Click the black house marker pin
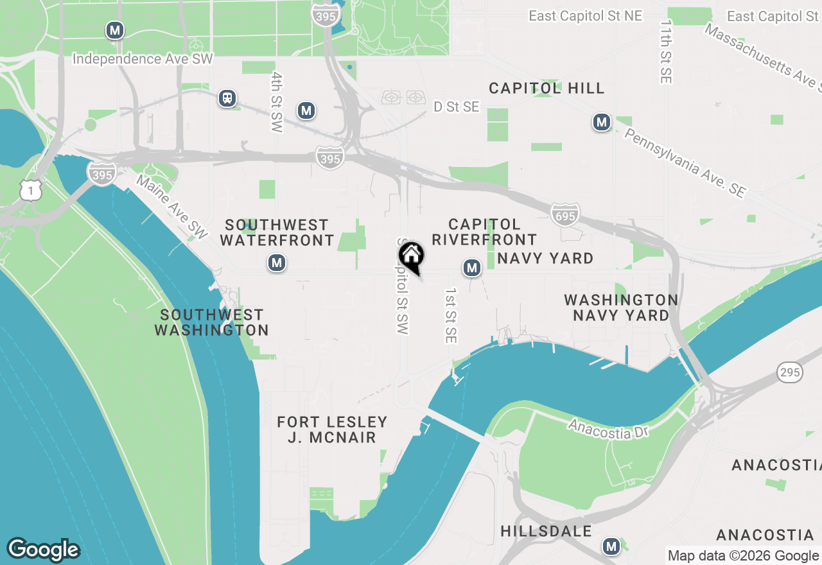pyautogui.click(x=412, y=256)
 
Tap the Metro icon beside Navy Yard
pyautogui.click(x=472, y=268)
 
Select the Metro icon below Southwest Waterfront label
pyautogui.click(x=277, y=263)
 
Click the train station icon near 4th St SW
pyautogui.click(x=227, y=98)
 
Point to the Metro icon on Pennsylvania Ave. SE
pyautogui.click(x=601, y=122)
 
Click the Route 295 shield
pyautogui.click(x=789, y=371)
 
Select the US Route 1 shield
pyautogui.click(x=30, y=190)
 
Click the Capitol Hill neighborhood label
pyautogui.click(x=547, y=88)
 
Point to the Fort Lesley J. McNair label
pyautogui.click(x=332, y=430)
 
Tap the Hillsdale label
pyautogui.click(x=546, y=531)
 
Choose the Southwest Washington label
pyautogui.click(x=211, y=322)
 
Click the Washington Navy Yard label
pyautogui.click(x=621, y=308)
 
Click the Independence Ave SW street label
pyautogui.click(x=143, y=59)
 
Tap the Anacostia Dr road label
pyautogui.click(x=608, y=430)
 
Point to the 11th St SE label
pyautogui.click(x=665, y=51)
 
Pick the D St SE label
pyautogui.click(x=456, y=107)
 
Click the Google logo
pyautogui.click(x=43, y=550)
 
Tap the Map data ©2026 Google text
pyautogui.click(x=743, y=556)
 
